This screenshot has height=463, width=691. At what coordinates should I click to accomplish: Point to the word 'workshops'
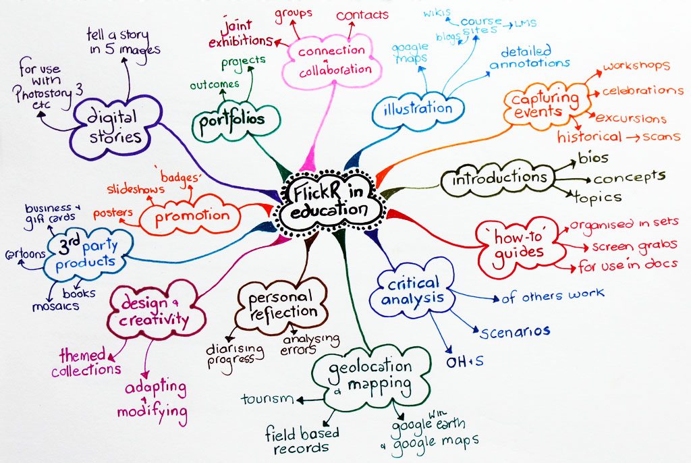coord(636,67)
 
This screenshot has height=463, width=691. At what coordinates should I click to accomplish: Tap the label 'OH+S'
coord(464,362)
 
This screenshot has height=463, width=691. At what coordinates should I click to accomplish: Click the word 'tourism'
coord(267,399)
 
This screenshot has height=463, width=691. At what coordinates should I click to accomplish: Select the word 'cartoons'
coord(25,254)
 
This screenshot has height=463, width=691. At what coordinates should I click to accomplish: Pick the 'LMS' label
coord(525,23)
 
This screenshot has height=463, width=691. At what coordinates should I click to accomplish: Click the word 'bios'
coord(593,159)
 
